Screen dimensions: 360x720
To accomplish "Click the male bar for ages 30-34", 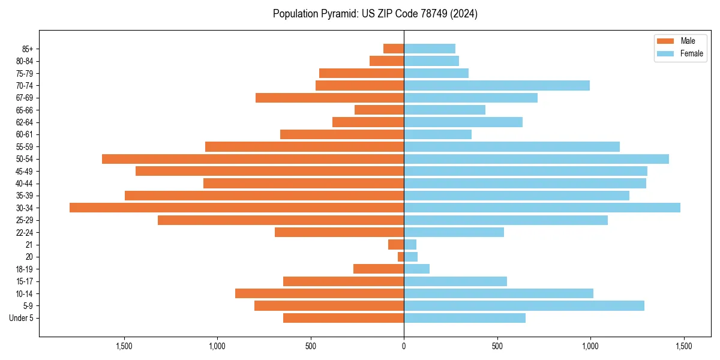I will (x=237, y=208).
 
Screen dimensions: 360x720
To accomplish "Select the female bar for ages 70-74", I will (x=497, y=85).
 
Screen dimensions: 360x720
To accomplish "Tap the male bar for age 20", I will (x=401, y=257).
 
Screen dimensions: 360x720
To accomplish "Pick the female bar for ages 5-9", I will (x=524, y=305).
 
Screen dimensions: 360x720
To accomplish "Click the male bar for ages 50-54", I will (x=253, y=159).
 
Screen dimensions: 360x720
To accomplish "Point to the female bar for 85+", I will (x=430, y=49).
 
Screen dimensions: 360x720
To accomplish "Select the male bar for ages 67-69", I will (x=329, y=98).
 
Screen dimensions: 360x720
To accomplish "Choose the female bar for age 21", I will (x=410, y=244).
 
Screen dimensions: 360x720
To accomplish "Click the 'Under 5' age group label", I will (x=21, y=318).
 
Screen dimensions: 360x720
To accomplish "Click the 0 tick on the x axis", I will (x=404, y=346).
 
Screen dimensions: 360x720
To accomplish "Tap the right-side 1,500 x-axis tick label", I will (x=683, y=346).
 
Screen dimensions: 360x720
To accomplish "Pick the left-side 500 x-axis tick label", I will (x=310, y=346).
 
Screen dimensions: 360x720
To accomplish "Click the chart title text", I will (x=375, y=14).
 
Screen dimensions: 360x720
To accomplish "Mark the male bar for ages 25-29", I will (x=281, y=220).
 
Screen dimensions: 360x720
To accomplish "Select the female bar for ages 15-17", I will (x=455, y=281).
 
